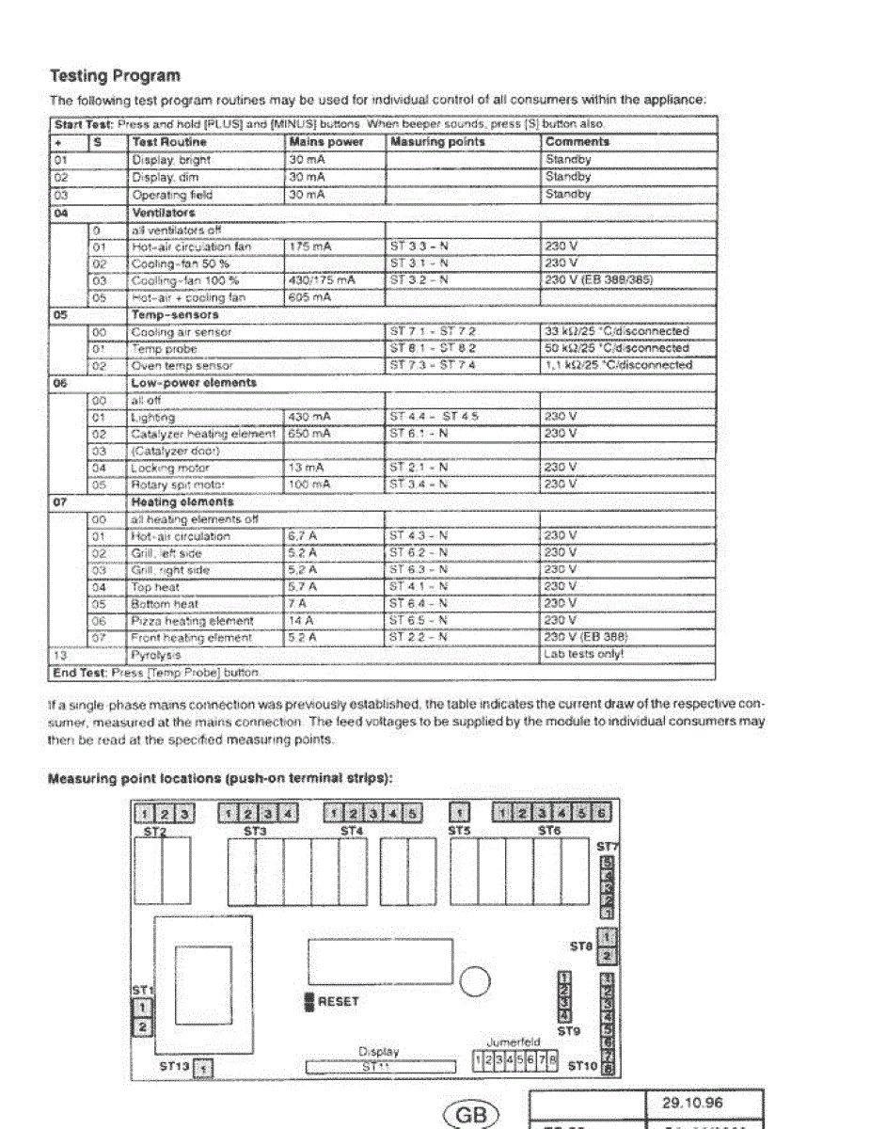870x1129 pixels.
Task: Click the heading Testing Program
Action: coord(114,75)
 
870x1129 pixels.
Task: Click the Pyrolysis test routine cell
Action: coord(156,654)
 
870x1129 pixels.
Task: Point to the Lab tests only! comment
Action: coord(583,654)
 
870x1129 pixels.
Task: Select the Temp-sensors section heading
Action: coord(175,315)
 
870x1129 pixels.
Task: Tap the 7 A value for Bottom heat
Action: coord(300,604)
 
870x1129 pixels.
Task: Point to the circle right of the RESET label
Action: coord(476,983)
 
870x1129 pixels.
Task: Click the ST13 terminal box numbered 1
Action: coord(205,1068)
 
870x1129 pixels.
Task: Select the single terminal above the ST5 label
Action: coord(460,812)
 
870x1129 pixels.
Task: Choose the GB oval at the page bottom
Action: coord(469,1116)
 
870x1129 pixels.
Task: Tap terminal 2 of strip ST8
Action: coord(608,956)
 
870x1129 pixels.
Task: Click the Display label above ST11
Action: coord(378,1052)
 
